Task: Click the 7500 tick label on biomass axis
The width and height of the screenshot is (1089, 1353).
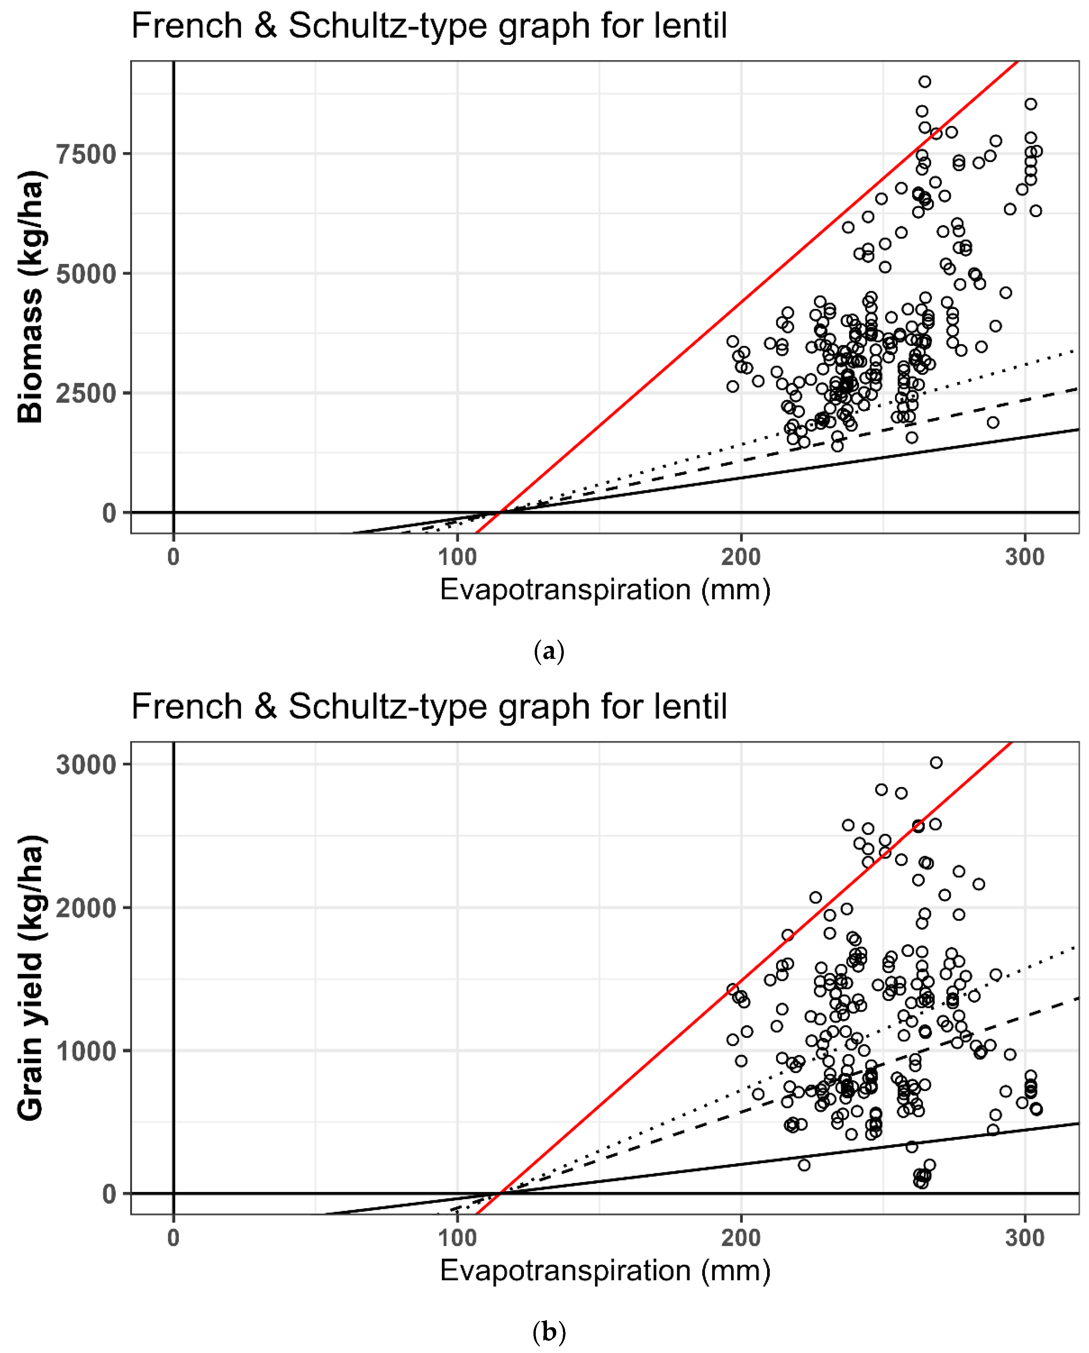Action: (x=87, y=154)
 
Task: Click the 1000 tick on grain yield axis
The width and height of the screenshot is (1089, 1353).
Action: (x=87, y=1051)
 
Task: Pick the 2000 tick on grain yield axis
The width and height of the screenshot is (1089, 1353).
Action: (x=87, y=908)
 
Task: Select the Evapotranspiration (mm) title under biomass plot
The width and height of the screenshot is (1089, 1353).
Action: (x=605, y=590)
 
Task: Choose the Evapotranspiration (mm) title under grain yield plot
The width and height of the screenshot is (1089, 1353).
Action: (x=605, y=1271)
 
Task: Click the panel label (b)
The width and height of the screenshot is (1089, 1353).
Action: (x=549, y=1331)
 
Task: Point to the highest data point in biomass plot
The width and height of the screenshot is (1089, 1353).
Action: (x=925, y=82)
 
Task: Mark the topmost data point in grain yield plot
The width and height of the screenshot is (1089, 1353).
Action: (x=936, y=762)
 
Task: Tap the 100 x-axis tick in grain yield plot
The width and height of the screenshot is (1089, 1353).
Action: (x=457, y=1238)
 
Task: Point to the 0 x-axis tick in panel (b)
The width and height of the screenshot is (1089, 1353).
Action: (x=173, y=1238)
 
